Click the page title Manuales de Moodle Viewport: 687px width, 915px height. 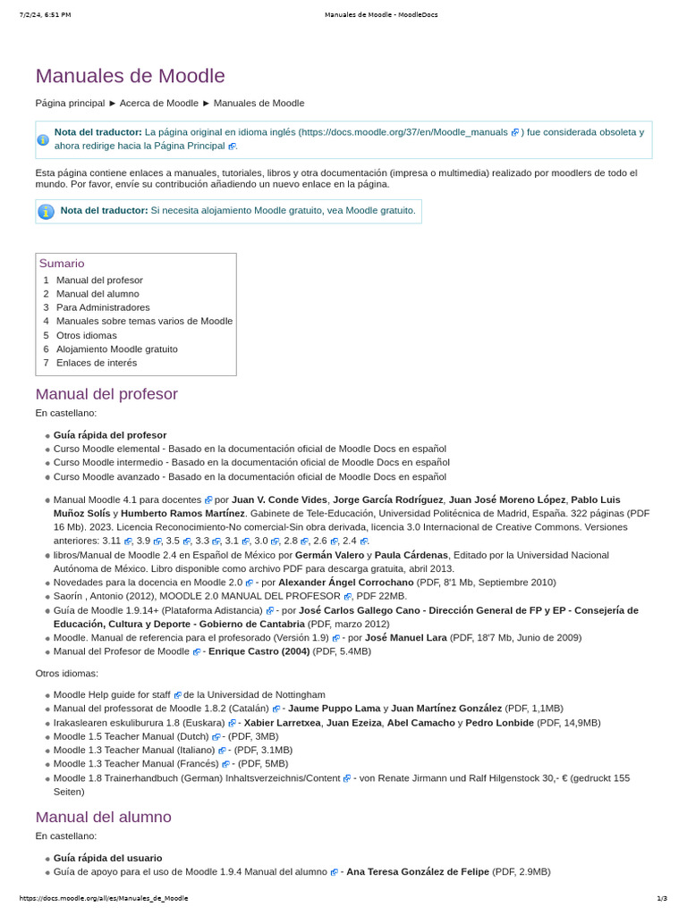(x=130, y=76)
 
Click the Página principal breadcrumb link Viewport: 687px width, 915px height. (x=70, y=103)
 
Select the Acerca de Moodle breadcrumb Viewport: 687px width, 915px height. (x=159, y=103)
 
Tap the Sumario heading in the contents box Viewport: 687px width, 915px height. (x=62, y=264)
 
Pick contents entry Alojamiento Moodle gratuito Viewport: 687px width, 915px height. (x=116, y=348)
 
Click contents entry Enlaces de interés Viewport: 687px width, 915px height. (x=97, y=363)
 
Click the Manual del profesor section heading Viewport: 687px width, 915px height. (x=106, y=394)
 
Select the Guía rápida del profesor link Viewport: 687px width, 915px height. (x=110, y=434)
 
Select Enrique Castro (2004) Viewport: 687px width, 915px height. (x=259, y=651)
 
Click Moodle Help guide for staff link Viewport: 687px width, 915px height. (x=112, y=694)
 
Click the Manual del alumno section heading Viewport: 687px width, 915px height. (x=103, y=817)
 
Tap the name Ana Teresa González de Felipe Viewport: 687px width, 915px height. (x=417, y=871)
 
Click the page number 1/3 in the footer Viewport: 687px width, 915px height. (x=661, y=898)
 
